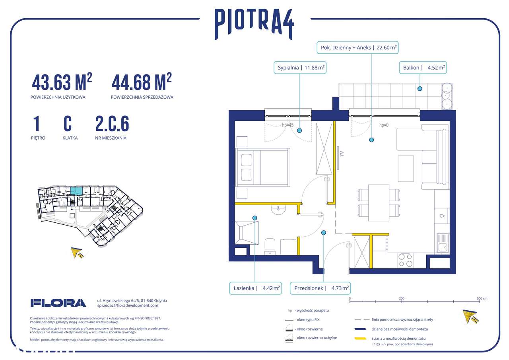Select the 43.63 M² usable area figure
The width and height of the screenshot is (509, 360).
click(62, 82)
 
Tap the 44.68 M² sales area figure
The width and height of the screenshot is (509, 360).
click(142, 82)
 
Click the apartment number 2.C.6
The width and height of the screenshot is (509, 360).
click(112, 124)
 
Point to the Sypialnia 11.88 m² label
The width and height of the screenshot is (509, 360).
click(300, 68)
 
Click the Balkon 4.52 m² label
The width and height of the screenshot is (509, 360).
click(423, 68)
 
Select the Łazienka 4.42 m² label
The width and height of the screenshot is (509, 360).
click(255, 288)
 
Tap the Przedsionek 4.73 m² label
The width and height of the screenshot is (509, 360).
click(321, 288)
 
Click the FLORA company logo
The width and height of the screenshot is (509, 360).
click(58, 303)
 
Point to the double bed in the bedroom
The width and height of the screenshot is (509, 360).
click(262, 167)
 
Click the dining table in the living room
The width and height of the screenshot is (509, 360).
click(379, 202)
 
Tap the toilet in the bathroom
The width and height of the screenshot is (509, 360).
click(270, 245)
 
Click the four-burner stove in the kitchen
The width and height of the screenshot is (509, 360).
click(405, 260)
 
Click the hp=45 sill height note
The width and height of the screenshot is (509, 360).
click(288, 125)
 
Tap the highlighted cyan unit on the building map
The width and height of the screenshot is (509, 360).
click(79, 191)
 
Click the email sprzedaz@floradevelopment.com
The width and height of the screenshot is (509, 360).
click(128, 306)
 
